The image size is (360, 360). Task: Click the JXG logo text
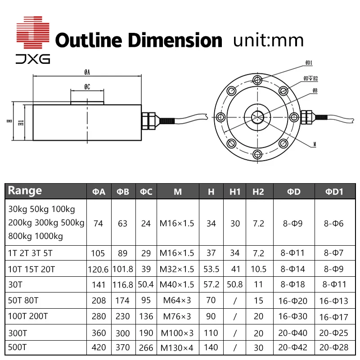point(33,59)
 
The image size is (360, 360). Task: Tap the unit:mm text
point(269,40)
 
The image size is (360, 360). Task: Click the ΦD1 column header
point(334,191)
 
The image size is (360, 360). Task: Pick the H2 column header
point(258,191)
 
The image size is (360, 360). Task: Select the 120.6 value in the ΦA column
point(99,270)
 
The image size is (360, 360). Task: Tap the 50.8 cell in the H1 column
point(235,285)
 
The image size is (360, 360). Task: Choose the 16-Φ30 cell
point(293,316)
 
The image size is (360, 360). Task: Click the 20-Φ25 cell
point(334,333)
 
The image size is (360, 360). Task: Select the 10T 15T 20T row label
point(31,270)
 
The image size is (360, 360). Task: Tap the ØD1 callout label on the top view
point(309,63)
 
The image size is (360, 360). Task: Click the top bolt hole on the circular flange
point(257,81)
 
